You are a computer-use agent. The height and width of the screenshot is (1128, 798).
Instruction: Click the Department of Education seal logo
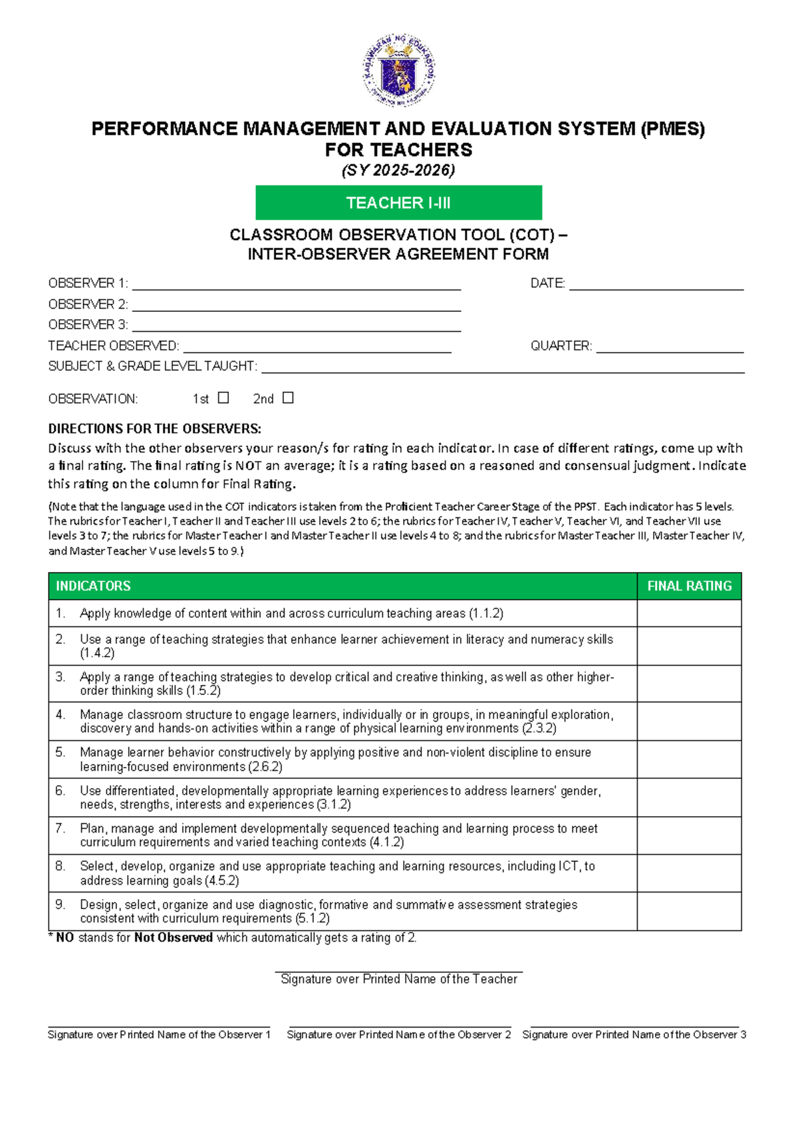coord(399,71)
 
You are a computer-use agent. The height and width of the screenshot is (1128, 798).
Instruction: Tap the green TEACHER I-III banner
coord(399,203)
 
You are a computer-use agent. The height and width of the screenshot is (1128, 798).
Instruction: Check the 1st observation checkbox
coord(223,398)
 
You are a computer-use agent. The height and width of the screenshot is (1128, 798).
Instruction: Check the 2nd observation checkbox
coord(288,398)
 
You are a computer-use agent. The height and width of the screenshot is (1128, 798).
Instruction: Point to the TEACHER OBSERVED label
coord(114,346)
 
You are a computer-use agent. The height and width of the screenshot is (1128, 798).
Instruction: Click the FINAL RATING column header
coord(689,586)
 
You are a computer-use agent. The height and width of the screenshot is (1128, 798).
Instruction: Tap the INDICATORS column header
coord(93,586)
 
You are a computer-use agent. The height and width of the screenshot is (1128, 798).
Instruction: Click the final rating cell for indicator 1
coord(689,613)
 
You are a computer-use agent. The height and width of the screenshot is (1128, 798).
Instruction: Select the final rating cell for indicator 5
coord(689,760)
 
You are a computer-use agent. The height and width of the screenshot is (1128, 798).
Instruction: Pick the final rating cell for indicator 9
coord(689,911)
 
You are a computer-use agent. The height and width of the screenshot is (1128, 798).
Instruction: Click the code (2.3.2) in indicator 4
coord(539,728)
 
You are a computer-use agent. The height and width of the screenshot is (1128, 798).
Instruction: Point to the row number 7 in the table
coord(61,829)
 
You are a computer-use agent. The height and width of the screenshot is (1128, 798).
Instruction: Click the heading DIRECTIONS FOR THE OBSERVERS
coord(154,428)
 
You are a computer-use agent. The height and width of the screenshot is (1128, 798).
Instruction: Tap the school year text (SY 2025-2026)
coord(398,170)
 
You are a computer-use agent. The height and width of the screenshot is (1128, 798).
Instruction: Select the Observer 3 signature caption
coord(634,1035)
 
